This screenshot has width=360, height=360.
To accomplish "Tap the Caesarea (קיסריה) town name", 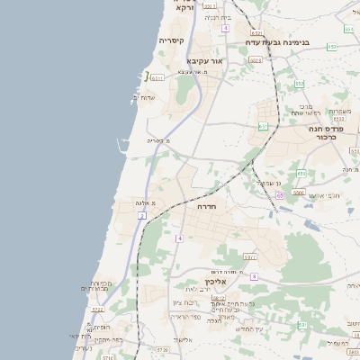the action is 172,40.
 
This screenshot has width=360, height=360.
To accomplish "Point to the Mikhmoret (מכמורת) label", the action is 99,286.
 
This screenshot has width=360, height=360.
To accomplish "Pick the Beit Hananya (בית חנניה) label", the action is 218,17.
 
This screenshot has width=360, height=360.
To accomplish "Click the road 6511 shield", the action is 157,78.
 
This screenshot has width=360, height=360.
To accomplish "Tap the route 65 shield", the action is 280,194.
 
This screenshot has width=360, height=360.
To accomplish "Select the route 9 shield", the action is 254,276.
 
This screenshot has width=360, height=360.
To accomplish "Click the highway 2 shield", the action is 143,216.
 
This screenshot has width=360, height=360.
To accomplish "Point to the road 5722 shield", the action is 97,310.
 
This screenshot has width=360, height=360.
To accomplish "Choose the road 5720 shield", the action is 162,349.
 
